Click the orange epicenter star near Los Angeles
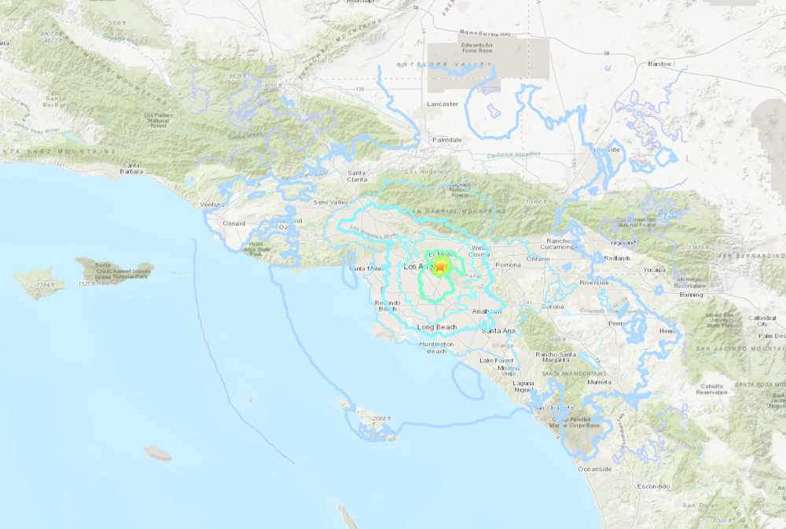pyautogui.click(x=440, y=268)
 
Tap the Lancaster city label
pyautogui.click(x=442, y=104)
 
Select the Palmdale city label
pyautogui.click(x=447, y=140)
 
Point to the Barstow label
pyautogui.click(x=659, y=64)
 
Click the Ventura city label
pyautogui.click(x=212, y=204)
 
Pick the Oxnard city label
pyautogui.click(x=233, y=223)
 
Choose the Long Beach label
pyautogui.click(x=436, y=326)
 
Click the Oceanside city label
pyautogui.click(x=595, y=468)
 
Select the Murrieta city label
pyautogui.click(x=599, y=382)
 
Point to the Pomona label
pyautogui.click(x=509, y=266)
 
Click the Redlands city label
pyautogui.click(x=618, y=258)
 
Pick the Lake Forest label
pyautogui.click(x=496, y=360)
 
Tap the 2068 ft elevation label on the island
pyautogui.click(x=382, y=418)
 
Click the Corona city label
pyautogui.click(x=553, y=307)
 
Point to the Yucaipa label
pyautogui.click(x=654, y=270)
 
